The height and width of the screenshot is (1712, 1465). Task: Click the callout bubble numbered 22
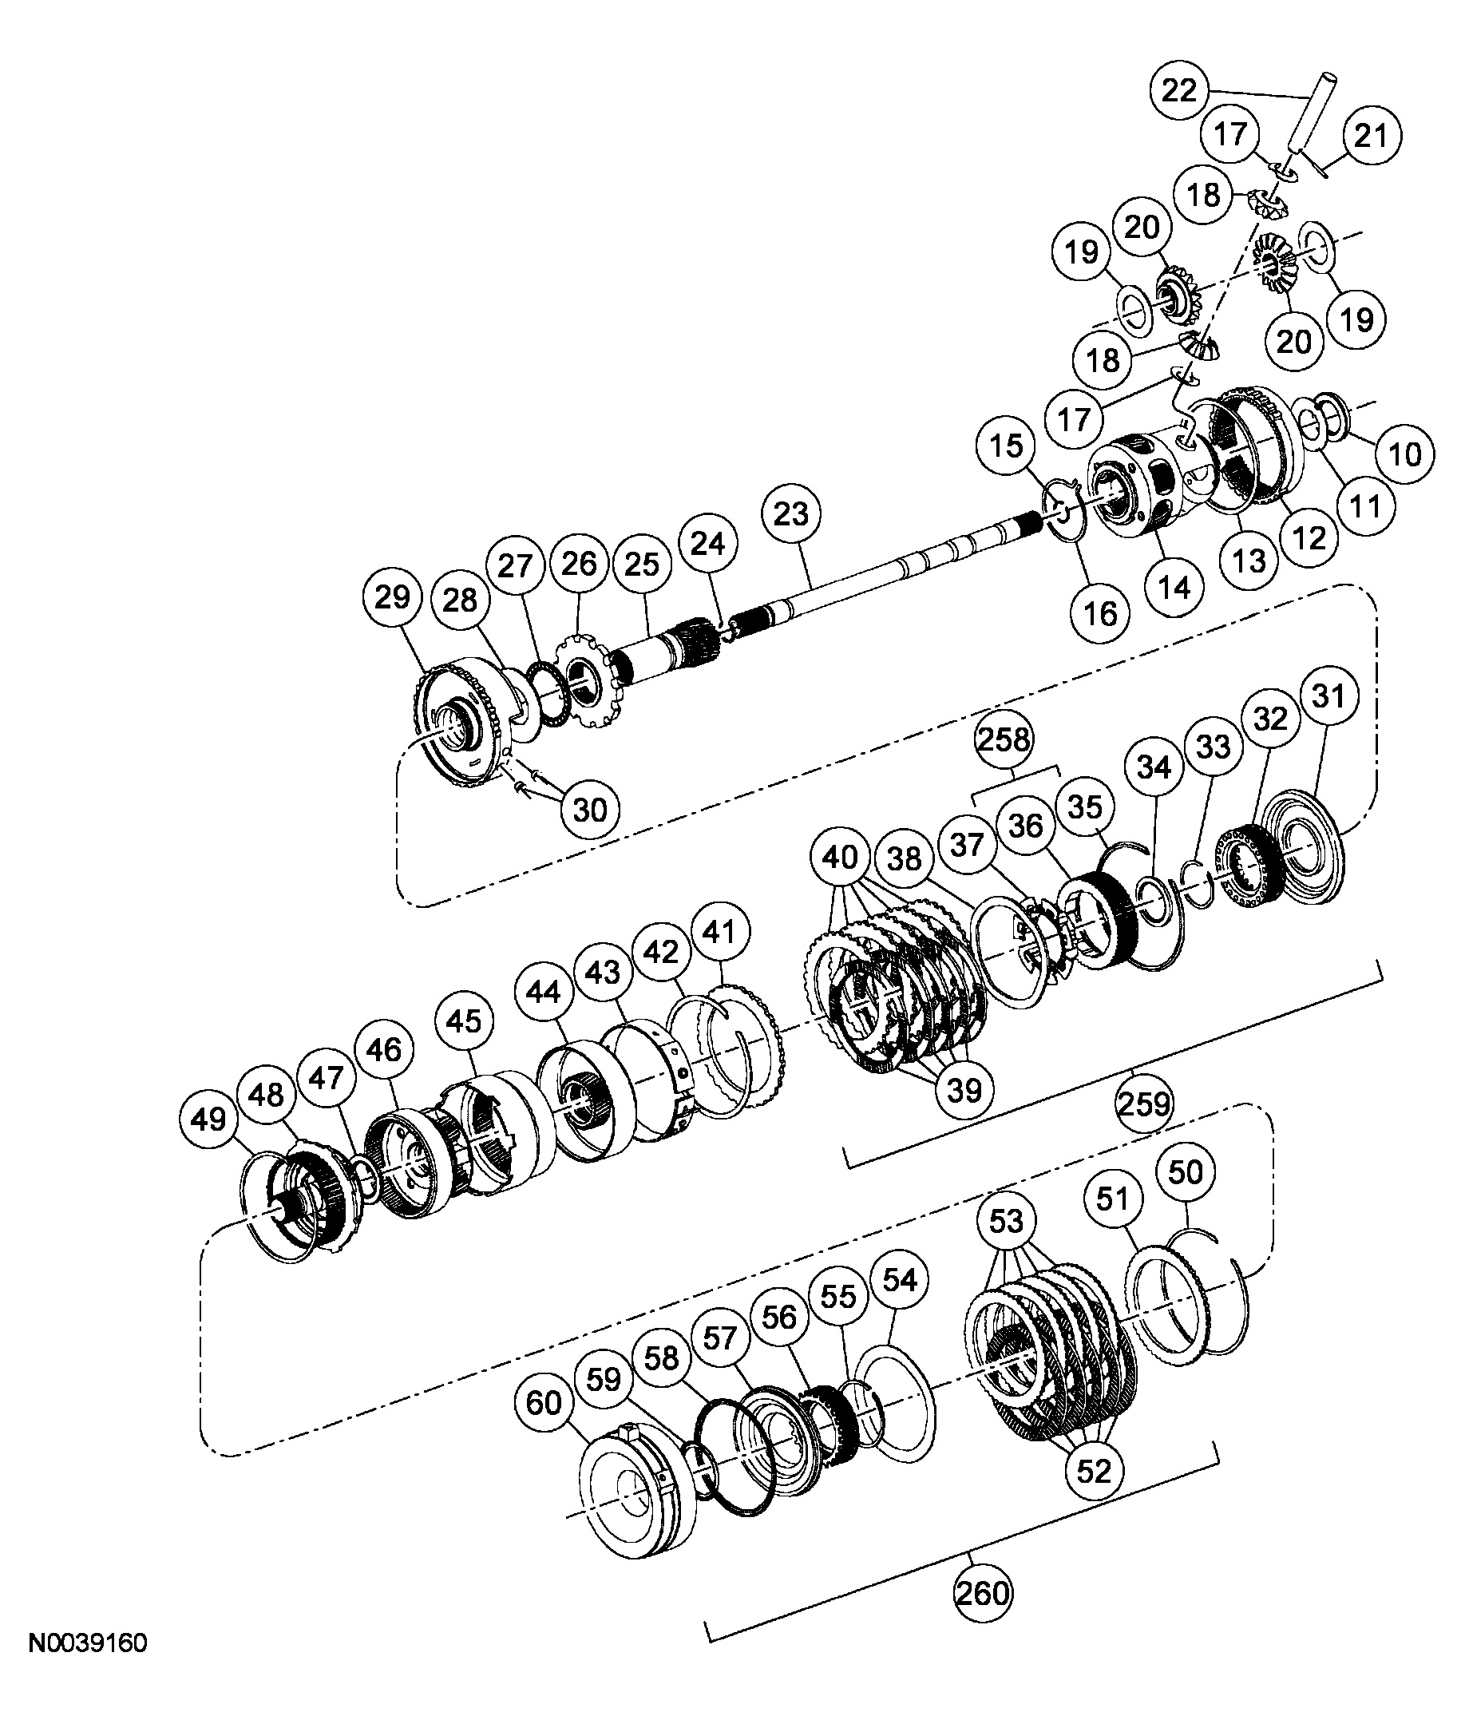point(1179,90)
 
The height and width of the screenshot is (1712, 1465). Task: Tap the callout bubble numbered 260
point(983,1591)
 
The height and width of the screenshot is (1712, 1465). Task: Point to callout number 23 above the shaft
point(790,514)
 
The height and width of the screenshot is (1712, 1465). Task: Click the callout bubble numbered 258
point(1004,738)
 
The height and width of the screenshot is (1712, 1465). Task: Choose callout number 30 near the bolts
point(590,810)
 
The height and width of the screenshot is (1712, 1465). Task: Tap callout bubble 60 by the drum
point(543,1402)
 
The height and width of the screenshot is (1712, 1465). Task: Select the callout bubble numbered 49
point(208,1119)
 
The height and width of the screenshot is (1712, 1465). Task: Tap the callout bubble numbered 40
point(840,857)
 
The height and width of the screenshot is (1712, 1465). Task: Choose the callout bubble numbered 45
point(463,1020)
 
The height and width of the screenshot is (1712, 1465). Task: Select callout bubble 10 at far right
point(1405,454)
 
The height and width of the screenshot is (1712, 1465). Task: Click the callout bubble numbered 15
point(1006,446)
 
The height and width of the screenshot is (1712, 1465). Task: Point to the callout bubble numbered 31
point(1328,695)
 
